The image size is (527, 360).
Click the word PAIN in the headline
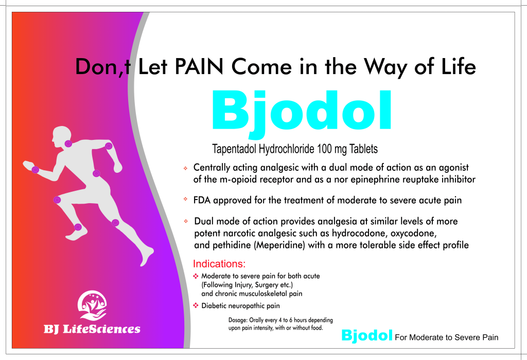pos(199,66)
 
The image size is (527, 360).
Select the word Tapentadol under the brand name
pos(234,149)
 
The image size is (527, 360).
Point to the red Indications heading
pos(219,264)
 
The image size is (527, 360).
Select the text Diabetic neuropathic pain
pos(240,305)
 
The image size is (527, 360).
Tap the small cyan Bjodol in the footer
pos(366,335)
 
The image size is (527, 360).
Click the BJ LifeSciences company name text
pos(92,329)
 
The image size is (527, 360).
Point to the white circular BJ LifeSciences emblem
pos(92,305)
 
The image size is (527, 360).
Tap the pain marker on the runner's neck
pos(68,143)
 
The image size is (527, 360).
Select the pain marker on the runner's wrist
pos(36,170)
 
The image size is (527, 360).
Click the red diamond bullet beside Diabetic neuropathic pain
pos(196,305)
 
